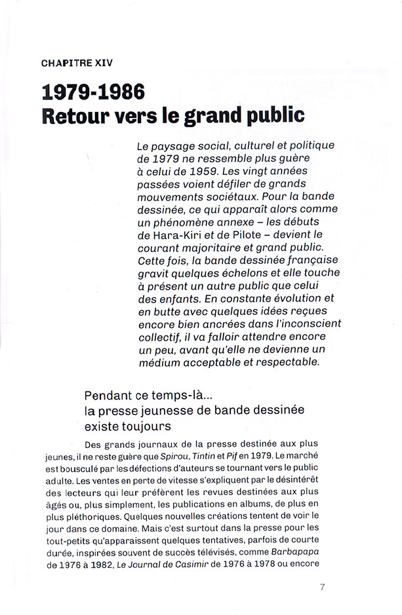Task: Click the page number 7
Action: tap(322, 586)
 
